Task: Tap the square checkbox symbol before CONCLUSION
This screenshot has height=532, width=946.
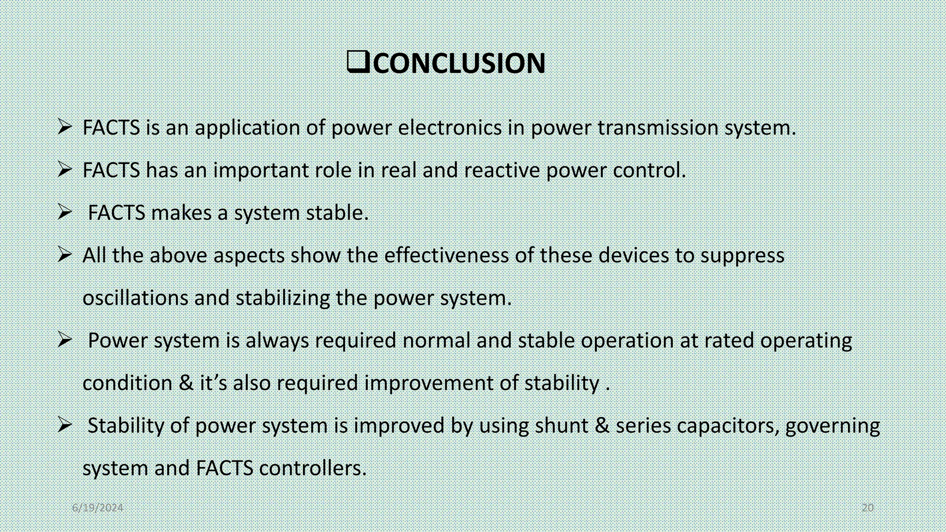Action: tap(358, 62)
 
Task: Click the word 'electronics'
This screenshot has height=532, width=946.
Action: tap(449, 128)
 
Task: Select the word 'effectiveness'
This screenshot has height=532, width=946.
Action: tap(446, 255)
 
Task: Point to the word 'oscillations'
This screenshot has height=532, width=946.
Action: tap(135, 298)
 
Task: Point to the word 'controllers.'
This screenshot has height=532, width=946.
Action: tap(313, 468)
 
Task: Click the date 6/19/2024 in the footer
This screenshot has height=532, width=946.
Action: tap(97, 508)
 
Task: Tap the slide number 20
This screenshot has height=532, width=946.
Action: tap(867, 508)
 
